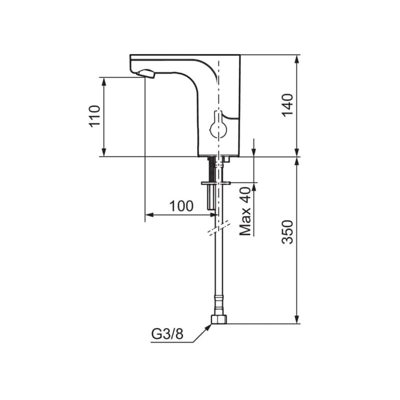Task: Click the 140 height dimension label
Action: click(287, 105)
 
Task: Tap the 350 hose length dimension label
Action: click(287, 232)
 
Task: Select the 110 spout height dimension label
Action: click(94, 116)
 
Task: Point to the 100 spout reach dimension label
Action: click(181, 206)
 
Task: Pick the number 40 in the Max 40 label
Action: click(245, 195)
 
